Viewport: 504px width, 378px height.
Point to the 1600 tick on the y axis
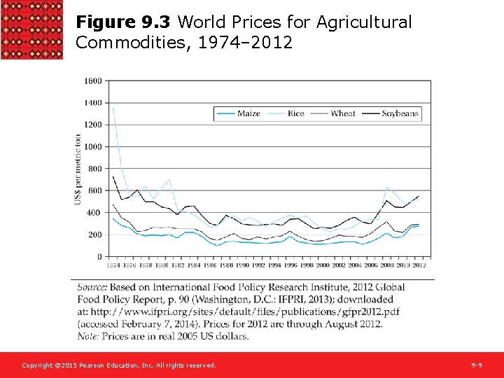coord(92,80)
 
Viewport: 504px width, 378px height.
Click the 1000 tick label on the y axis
coord(92,146)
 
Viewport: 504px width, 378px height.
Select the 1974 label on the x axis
coord(113,265)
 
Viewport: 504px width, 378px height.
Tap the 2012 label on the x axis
coord(419,265)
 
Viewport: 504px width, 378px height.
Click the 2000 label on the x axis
coord(323,265)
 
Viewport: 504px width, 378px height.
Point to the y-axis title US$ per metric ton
coord(78,169)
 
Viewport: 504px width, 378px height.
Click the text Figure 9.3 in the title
coord(124,22)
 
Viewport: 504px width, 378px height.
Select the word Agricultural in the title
coord(364,22)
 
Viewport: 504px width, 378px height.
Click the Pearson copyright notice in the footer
coord(119,365)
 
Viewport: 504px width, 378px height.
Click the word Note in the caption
coord(88,336)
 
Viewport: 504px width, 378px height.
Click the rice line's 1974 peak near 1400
coord(113,108)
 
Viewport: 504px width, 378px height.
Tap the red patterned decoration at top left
coord(31,29)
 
